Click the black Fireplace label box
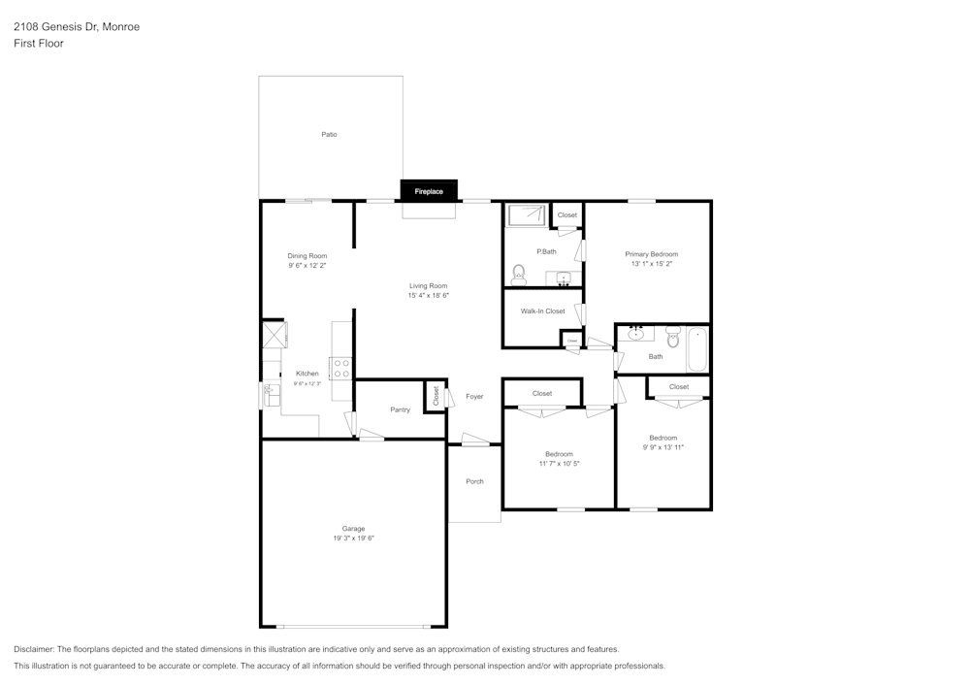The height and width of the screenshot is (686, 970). (x=429, y=191)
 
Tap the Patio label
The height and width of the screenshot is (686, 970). (x=329, y=134)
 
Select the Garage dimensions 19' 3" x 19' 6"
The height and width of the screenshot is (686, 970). (x=353, y=538)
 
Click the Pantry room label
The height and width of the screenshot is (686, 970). (x=400, y=409)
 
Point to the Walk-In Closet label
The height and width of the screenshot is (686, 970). (x=542, y=311)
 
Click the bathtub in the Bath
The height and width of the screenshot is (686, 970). (x=697, y=349)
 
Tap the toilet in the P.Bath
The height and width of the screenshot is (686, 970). (x=519, y=276)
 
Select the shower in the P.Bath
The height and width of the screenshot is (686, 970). (x=527, y=214)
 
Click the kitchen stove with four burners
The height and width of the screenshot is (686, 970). (x=341, y=368)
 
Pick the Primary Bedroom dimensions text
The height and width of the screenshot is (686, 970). (x=651, y=263)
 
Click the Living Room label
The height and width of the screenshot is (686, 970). (x=428, y=285)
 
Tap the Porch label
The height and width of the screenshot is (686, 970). (x=474, y=481)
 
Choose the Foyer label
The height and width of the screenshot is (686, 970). (x=474, y=396)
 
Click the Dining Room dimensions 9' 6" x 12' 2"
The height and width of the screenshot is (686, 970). (x=307, y=265)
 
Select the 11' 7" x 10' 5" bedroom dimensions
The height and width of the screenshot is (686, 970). (x=559, y=463)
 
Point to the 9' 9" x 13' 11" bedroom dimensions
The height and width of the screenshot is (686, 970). (x=663, y=447)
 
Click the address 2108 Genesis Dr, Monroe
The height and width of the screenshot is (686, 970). (x=77, y=27)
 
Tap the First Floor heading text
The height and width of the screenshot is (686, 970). (x=39, y=44)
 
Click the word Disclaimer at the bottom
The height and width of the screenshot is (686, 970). (x=34, y=649)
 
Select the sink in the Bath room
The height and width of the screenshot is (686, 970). (x=635, y=335)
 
